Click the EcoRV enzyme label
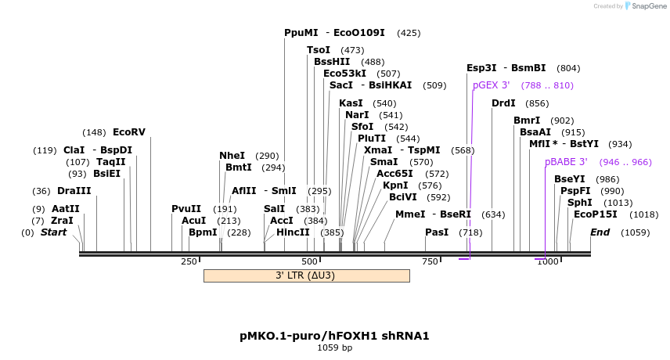[129, 132]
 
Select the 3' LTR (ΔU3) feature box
[306, 275]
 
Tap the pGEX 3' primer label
[491, 85]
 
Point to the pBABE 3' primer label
[566, 162]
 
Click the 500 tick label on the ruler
[310, 261]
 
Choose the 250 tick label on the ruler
[189, 261]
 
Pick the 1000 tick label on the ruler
[547, 261]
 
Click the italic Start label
[53, 232]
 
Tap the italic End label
[600, 232]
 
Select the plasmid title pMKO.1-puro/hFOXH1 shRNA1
[334, 336]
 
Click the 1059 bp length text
[334, 347]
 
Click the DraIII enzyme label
[74, 191]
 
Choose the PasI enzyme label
[437, 232]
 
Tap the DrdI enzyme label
[503, 103]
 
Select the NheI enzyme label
[232, 156]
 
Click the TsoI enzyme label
[319, 50]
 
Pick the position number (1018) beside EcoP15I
[643, 214]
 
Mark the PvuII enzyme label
[186, 209]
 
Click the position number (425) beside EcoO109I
[409, 33]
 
